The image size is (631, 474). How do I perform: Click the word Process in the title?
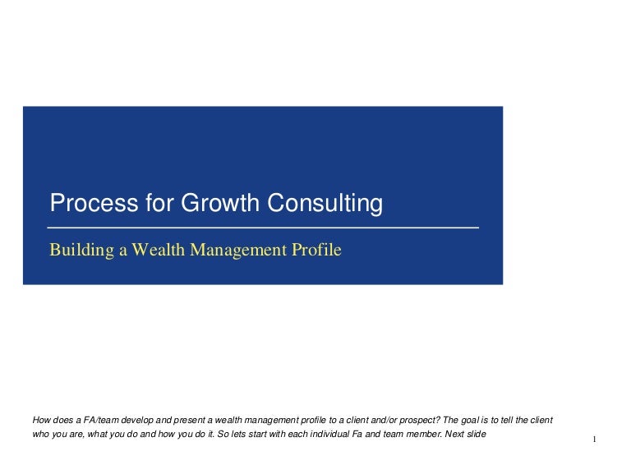pos(94,202)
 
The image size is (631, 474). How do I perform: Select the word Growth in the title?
pos(219,202)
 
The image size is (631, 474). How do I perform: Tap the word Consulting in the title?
pos(325,204)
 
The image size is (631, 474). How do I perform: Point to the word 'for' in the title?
pos(159,202)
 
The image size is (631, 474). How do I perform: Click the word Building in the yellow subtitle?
pos(81,251)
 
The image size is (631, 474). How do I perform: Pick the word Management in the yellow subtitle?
pos(238,251)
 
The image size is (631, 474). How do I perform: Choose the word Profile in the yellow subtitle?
pos(316,250)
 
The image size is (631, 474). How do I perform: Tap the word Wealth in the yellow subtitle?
pos(158,250)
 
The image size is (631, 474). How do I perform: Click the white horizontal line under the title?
pos(263,228)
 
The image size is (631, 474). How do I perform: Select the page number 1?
pos(594,439)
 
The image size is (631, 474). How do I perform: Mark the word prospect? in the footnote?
pos(420,421)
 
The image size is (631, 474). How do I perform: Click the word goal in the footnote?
pos(470,421)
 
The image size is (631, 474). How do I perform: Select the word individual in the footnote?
pos(329,435)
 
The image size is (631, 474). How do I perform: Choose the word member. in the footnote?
pos(425,435)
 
